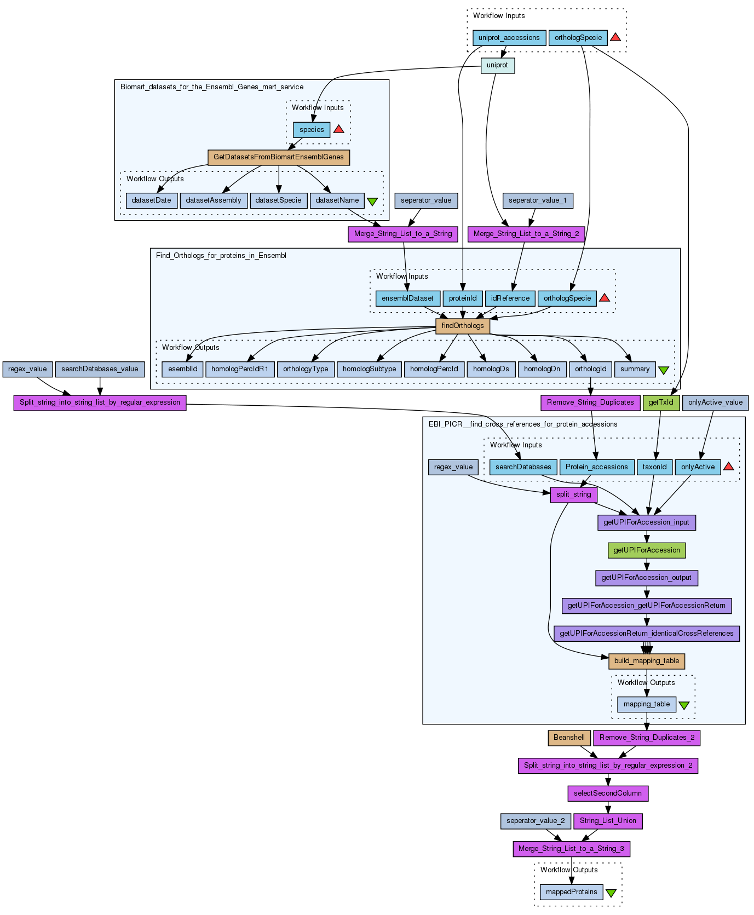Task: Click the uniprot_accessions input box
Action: click(x=509, y=38)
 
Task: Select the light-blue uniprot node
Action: click(x=497, y=65)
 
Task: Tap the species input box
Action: click(x=312, y=130)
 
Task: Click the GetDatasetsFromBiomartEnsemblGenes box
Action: click(x=278, y=157)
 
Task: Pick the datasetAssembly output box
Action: click(x=214, y=200)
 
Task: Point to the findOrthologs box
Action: click(x=462, y=326)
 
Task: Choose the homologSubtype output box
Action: click(x=369, y=369)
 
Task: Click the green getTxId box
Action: click(x=661, y=402)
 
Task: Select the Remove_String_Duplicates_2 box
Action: click(x=647, y=738)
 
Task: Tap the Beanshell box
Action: click(x=569, y=738)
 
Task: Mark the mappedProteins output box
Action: click(x=571, y=892)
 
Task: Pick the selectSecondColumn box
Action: click(x=607, y=793)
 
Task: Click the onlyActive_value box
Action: click(x=715, y=402)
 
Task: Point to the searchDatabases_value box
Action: click(x=100, y=369)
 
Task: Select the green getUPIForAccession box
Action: click(x=646, y=550)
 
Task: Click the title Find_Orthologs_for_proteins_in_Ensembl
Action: click(x=221, y=256)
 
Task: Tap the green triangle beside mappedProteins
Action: click(x=611, y=893)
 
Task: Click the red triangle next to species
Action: click(x=338, y=129)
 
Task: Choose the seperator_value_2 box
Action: click(x=535, y=821)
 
